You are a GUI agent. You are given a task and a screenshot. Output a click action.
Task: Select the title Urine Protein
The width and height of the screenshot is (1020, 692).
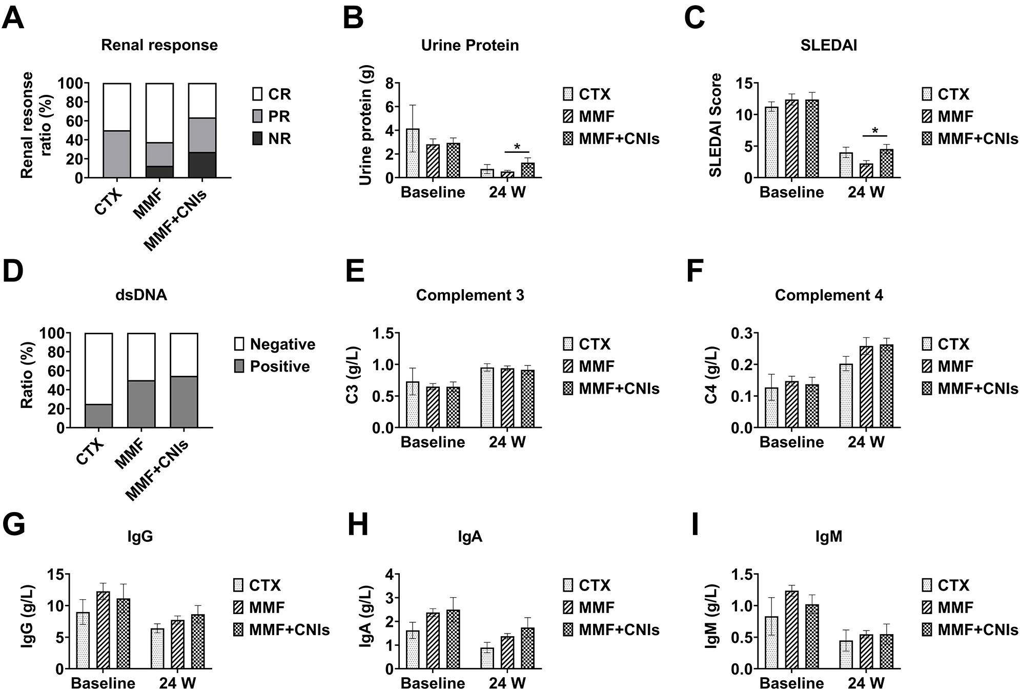[470, 45]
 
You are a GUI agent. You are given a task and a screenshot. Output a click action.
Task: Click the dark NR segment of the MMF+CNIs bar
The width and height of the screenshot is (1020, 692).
[202, 165]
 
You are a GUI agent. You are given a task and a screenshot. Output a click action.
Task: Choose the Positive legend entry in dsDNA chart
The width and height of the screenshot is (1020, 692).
[272, 367]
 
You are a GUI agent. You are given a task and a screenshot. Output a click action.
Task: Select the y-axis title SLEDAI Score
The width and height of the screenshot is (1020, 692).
[716, 126]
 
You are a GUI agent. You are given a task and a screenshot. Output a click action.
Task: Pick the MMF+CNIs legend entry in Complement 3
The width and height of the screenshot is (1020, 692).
[610, 389]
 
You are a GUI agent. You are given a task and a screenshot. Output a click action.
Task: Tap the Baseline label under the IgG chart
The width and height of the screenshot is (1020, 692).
[103, 683]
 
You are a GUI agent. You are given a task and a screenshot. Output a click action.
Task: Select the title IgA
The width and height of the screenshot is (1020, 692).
[470, 536]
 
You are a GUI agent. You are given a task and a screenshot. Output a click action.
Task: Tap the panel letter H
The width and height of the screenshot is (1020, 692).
[357, 526]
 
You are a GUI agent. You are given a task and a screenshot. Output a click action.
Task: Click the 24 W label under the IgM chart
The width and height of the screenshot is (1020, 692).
[866, 683]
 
